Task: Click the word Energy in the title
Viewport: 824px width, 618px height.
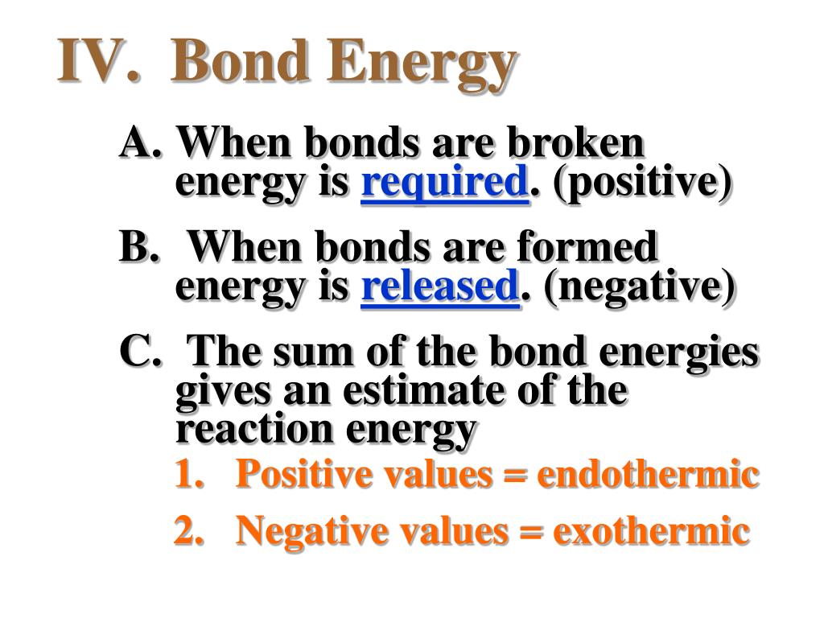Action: (x=421, y=65)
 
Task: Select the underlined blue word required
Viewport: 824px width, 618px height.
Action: (x=444, y=182)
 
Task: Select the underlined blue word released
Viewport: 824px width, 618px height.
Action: (x=440, y=286)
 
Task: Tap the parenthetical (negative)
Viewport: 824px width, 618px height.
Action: (x=639, y=287)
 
